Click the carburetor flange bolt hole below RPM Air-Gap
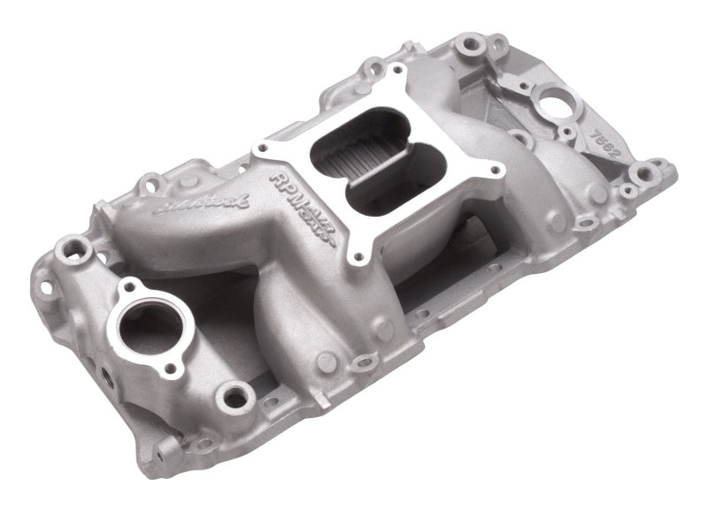pyautogui.click(x=358, y=256)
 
